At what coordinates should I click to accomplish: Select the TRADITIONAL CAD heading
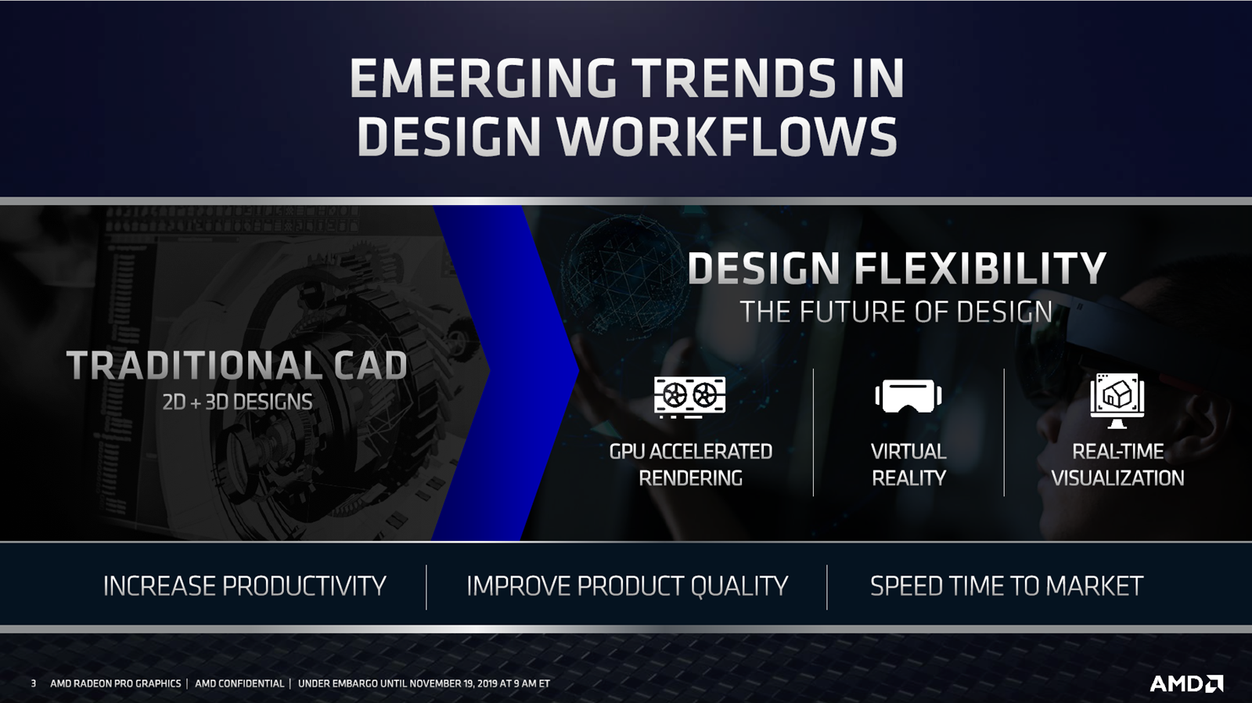pos(237,366)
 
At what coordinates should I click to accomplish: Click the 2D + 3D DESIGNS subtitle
pos(237,402)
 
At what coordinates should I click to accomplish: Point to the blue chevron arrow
pos(505,373)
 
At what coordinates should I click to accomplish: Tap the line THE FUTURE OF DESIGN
pos(896,312)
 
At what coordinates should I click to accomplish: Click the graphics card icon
pos(689,397)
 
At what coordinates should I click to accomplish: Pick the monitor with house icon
pos(1117,401)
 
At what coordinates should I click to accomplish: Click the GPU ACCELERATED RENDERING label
pos(691,465)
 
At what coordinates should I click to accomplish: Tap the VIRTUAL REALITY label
pos(908,465)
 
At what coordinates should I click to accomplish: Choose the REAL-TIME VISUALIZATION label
pos(1118,465)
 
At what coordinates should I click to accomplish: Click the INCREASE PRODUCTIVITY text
pos(244,586)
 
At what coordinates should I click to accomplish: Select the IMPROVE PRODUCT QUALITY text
pos(627,586)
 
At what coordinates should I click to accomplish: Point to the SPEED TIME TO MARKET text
pos(1006,586)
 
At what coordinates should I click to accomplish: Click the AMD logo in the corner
pos(1186,683)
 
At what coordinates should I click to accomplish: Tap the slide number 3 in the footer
pos(34,683)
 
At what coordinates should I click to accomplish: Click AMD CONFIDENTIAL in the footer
pos(239,683)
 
